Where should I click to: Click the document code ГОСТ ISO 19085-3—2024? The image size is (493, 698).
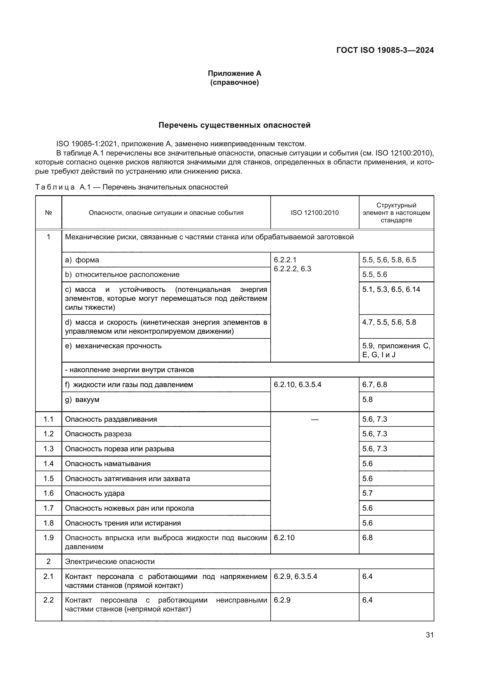(x=385, y=50)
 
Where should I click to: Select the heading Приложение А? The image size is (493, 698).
(x=234, y=73)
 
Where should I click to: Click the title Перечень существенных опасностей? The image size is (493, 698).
(x=234, y=125)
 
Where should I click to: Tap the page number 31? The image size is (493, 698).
(x=430, y=635)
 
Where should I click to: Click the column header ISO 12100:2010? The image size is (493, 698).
(x=314, y=213)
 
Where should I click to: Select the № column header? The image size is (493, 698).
(x=49, y=213)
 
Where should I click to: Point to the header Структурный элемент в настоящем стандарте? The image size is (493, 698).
(x=396, y=213)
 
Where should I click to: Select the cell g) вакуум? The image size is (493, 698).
(x=82, y=400)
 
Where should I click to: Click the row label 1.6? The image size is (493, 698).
(x=49, y=493)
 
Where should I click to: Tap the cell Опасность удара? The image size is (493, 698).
(x=95, y=493)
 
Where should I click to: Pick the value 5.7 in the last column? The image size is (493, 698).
(x=367, y=493)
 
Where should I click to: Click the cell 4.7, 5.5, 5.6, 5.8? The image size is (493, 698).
(x=389, y=322)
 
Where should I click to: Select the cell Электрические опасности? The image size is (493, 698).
(x=110, y=562)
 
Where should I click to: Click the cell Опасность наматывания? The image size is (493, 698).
(x=108, y=464)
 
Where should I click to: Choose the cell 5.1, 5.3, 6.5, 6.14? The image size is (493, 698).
(x=391, y=289)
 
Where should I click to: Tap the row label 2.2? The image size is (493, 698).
(x=49, y=600)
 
